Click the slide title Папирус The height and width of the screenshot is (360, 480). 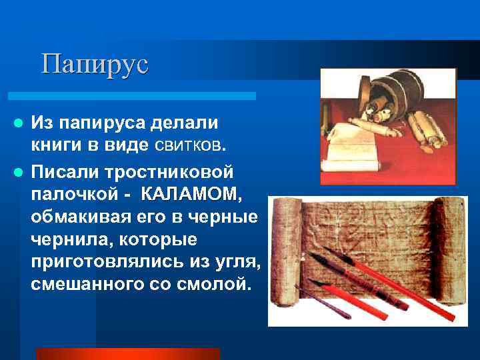tap(94, 64)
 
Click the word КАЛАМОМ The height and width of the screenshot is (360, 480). tap(191, 194)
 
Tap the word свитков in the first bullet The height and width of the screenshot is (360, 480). tap(193, 146)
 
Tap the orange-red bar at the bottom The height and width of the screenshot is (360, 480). tap(127, 353)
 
